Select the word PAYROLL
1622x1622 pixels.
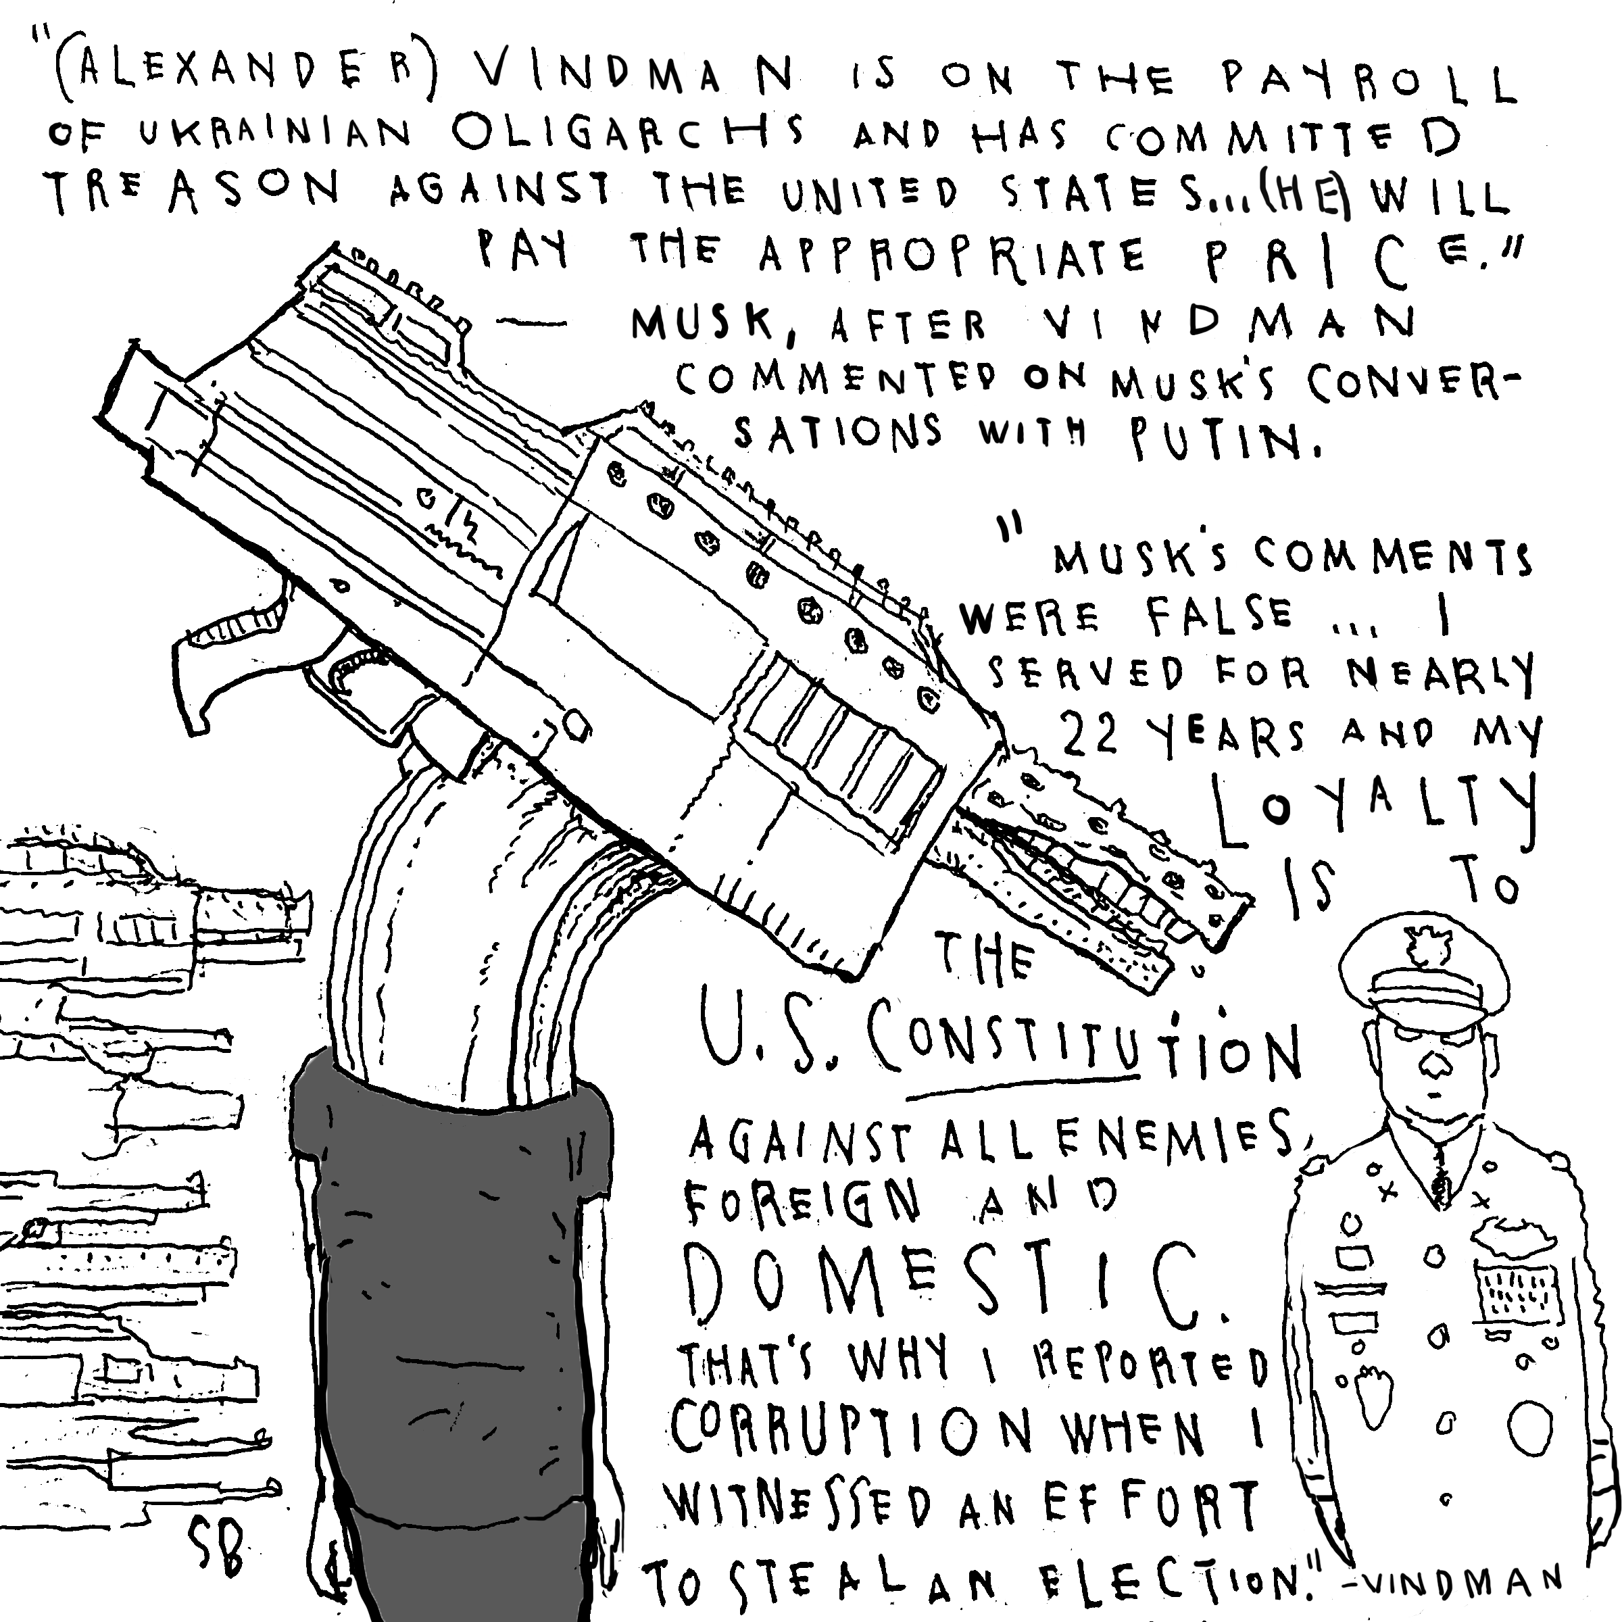tap(1369, 83)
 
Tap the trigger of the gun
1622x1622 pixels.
tap(353, 676)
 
